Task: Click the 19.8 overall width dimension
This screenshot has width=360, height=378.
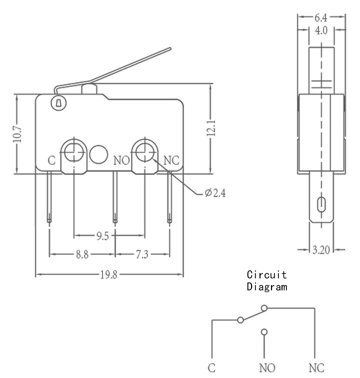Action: coord(108,275)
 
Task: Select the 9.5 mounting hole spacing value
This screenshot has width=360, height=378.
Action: coord(102,236)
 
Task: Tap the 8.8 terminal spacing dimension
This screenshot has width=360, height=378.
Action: coord(82,254)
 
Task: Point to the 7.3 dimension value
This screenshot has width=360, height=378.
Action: coord(142,254)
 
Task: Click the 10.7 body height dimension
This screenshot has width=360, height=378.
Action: coord(17,134)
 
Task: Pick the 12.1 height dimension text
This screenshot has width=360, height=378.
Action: coord(211,128)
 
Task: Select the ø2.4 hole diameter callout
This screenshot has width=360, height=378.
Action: coord(215,193)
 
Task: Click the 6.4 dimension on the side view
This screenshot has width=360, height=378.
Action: coord(321,17)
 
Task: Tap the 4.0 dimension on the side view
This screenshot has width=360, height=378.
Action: coord(321,30)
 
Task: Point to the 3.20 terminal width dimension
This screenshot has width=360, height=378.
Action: coord(321,250)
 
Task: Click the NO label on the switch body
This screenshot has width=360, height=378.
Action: coord(121,161)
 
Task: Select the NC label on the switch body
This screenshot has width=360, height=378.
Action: coord(171,160)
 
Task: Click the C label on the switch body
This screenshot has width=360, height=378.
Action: coord(51,161)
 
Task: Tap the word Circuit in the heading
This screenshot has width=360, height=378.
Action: coord(267,275)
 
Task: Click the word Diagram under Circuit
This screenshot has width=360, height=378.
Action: coord(267,287)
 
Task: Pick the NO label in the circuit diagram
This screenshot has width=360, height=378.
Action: coord(267,368)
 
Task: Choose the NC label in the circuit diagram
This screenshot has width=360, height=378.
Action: coord(316,368)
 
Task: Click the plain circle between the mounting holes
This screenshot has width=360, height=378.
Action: coord(98,154)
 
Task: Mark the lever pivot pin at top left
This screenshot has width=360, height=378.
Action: coord(58,103)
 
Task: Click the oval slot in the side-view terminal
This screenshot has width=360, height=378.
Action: coord(321,204)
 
